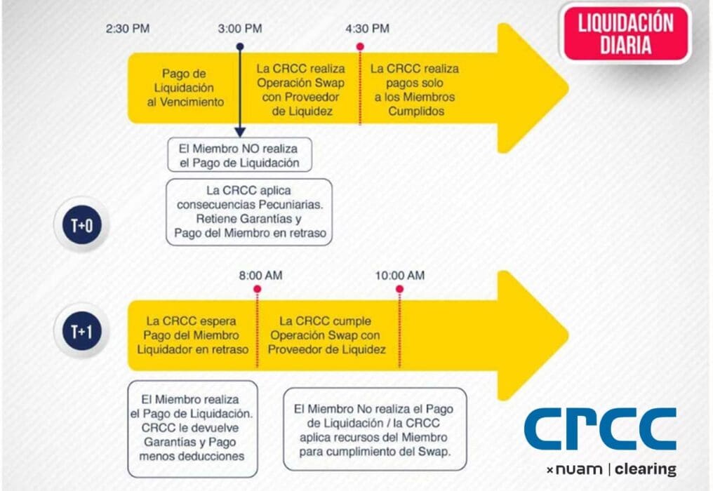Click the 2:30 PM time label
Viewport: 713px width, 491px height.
127,29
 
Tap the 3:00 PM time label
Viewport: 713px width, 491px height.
240,29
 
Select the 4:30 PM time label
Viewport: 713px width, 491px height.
367,29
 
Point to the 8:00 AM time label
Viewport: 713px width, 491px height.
260,275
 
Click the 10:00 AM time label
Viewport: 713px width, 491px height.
400,275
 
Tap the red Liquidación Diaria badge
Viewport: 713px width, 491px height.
625,34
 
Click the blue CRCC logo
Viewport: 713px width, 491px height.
600,429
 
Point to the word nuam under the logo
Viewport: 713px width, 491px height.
578,469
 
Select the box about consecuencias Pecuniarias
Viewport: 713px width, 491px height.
249,212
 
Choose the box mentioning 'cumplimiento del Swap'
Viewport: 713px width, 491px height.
375,429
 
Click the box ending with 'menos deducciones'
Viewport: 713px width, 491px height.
192,428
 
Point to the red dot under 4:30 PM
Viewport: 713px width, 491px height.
360,47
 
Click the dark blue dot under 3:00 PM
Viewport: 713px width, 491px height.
240,47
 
